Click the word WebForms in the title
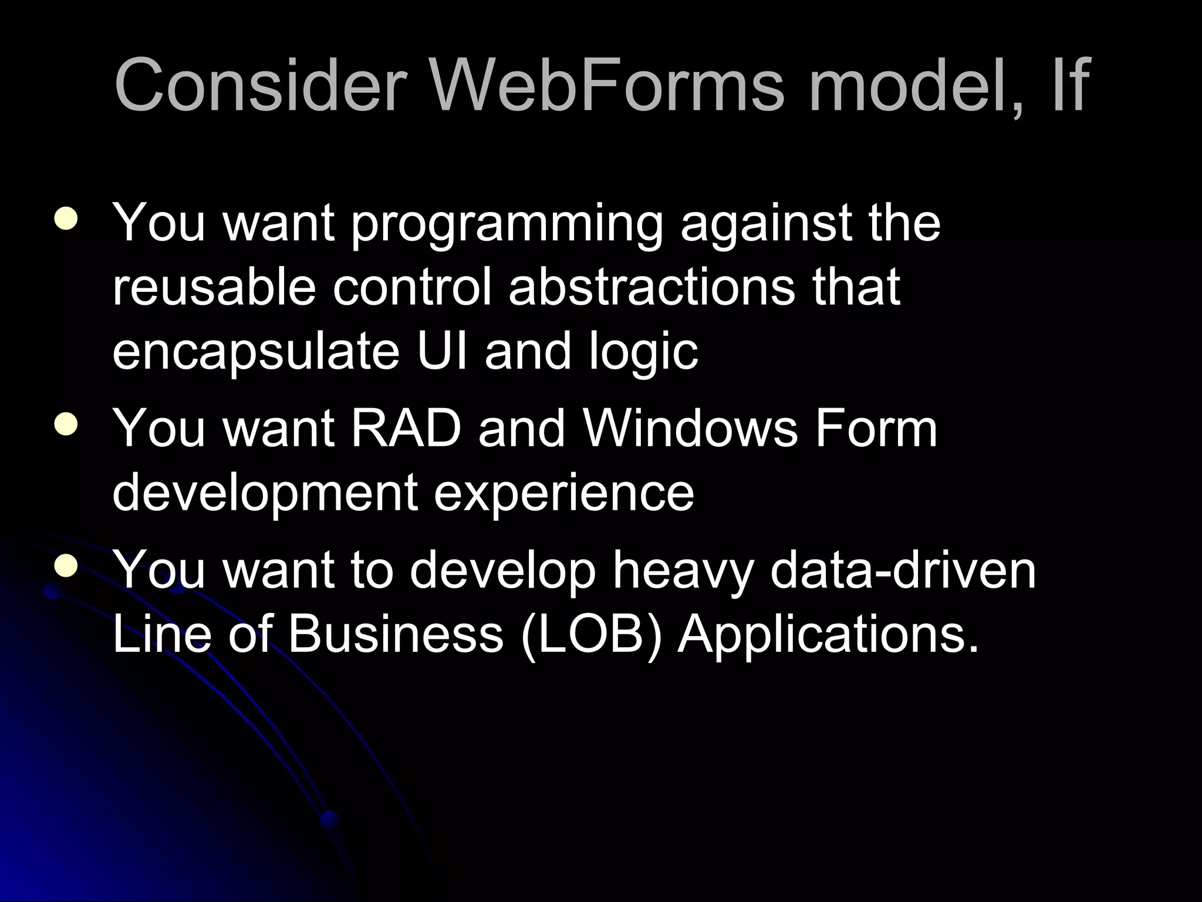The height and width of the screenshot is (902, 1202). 607,85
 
